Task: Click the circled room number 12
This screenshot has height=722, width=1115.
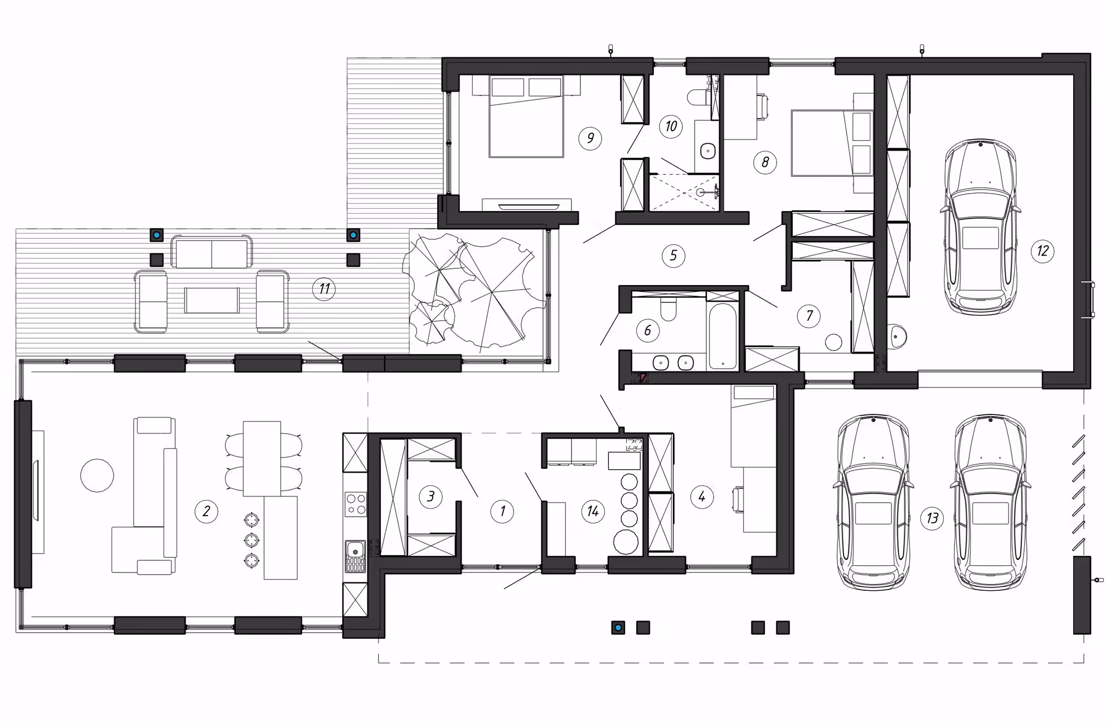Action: point(1043,251)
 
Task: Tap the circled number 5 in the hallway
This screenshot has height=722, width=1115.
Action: point(673,256)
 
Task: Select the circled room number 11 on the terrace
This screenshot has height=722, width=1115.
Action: point(324,289)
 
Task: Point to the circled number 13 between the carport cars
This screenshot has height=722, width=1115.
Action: point(932,518)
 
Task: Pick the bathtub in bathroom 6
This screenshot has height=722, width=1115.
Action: point(722,336)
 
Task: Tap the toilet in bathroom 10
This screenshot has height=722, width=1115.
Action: point(698,97)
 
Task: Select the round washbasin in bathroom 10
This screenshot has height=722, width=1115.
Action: point(707,151)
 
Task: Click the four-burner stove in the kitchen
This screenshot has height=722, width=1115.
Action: point(355,503)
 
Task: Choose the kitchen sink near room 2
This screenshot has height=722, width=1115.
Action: point(355,556)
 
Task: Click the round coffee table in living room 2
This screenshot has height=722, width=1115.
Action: point(97,475)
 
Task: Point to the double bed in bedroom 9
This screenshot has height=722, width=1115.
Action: point(526,117)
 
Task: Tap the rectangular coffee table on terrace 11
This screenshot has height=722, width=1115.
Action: point(212,300)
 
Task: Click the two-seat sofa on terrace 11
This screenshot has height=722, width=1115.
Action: point(211,252)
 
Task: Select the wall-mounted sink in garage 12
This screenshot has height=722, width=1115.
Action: point(897,336)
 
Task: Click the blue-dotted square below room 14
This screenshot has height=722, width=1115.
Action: point(618,628)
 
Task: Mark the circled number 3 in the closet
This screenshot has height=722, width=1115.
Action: point(430,496)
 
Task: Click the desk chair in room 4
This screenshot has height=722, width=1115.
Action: point(738,499)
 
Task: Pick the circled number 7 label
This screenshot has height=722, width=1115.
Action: point(809,316)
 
